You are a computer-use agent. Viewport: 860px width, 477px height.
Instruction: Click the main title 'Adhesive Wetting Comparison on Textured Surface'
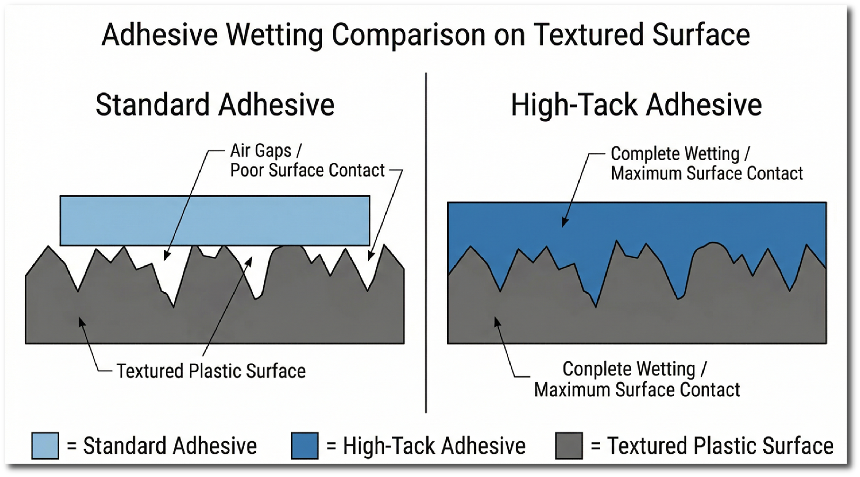point(426,35)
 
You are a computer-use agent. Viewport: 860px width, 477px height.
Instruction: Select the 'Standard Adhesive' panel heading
point(215,104)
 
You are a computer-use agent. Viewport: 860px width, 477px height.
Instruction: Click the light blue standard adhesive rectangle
point(215,221)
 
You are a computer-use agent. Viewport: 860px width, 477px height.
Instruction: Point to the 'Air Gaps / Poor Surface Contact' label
point(307,160)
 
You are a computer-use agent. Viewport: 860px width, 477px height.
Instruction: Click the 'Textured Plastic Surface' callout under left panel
point(211,371)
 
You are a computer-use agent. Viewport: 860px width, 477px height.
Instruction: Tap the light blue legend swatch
point(45,446)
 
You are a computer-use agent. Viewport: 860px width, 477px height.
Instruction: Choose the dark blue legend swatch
point(305,446)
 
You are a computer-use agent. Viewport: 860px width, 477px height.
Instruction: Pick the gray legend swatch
point(569,446)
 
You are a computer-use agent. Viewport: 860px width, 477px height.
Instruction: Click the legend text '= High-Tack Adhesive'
point(426,446)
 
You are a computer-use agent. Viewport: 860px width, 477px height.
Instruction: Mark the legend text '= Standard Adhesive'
point(162,446)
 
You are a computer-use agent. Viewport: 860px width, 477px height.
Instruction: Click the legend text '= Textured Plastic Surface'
point(712,446)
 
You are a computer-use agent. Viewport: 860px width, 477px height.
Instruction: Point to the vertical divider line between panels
point(426,243)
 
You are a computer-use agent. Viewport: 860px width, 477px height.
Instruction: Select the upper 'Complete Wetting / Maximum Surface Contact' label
point(707,164)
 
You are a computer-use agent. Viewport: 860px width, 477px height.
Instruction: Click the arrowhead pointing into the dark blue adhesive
point(565,223)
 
